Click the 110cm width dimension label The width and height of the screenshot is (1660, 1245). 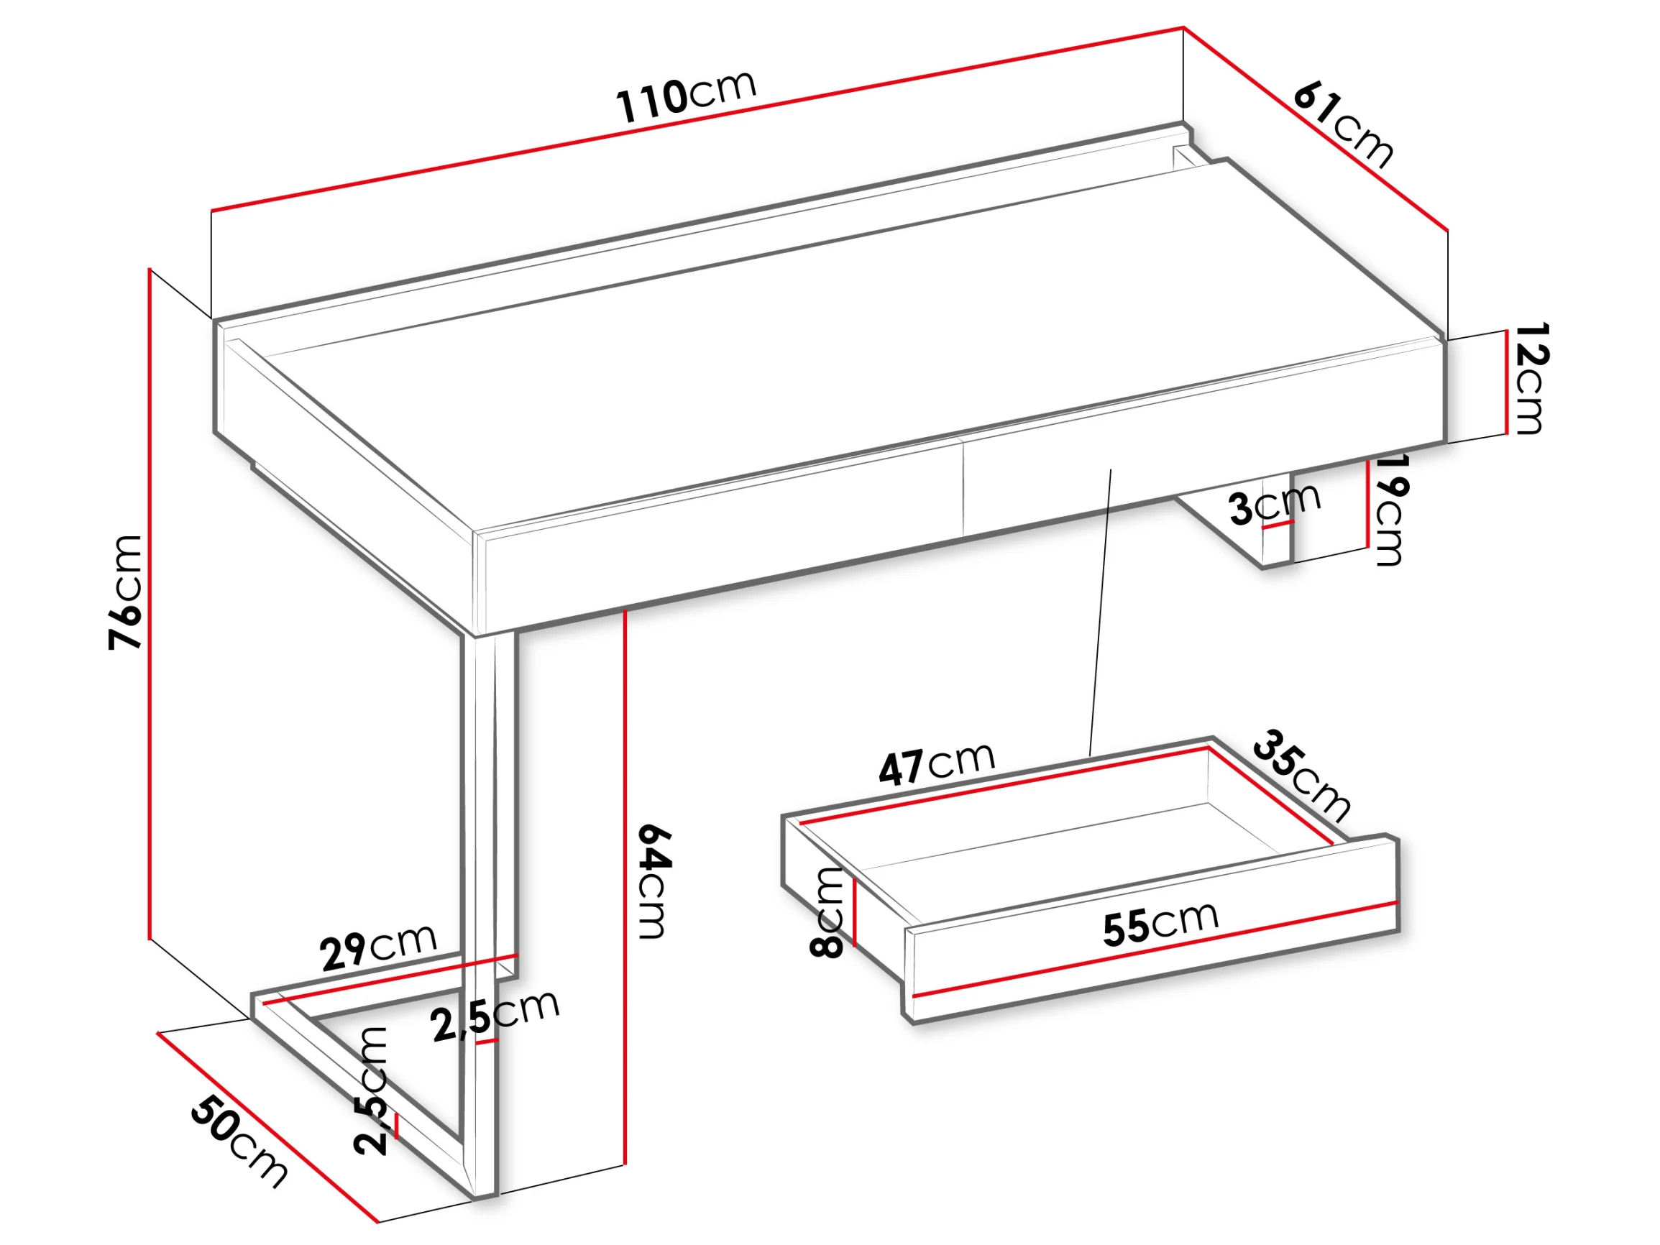tap(686, 96)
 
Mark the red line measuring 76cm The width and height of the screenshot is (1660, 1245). tap(150, 603)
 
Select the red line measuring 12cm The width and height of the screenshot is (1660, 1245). tap(1505, 382)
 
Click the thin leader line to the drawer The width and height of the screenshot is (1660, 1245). tap(1100, 612)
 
